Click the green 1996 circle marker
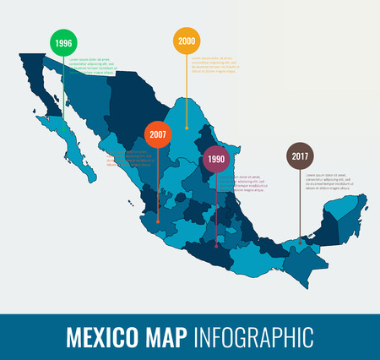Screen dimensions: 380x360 pos(62,42)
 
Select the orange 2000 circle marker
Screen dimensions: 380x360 pos(187,41)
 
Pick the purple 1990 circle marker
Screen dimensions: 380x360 pos(216,158)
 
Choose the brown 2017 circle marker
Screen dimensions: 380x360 pos(300,156)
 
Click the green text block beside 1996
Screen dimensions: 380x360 pos(92,67)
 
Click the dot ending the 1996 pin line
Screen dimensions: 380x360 pos(62,117)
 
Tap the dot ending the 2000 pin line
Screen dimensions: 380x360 pos(187,128)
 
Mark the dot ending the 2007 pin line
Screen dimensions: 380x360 pos(158,222)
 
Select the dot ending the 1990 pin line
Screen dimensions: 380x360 pos(216,245)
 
